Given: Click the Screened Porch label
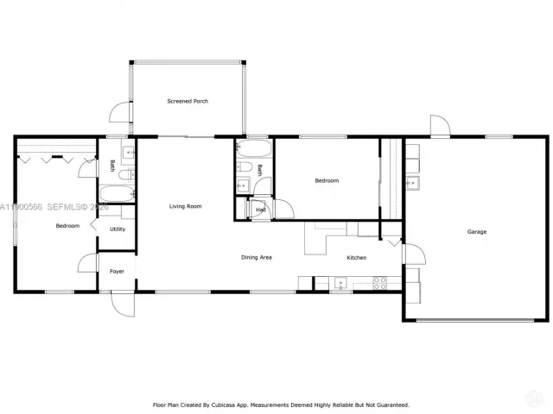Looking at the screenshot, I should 188,102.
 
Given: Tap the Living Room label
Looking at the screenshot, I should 185,206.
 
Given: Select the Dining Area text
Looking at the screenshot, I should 257,258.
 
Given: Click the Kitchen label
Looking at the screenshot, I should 356,258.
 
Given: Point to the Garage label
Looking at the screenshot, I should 476,232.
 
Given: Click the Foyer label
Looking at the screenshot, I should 117,272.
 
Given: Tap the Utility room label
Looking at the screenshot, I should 118,229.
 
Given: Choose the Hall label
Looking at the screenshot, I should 260,210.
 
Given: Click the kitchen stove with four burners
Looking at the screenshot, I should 379,282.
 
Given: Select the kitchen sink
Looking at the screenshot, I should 340,282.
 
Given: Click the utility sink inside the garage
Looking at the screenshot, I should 413,182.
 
